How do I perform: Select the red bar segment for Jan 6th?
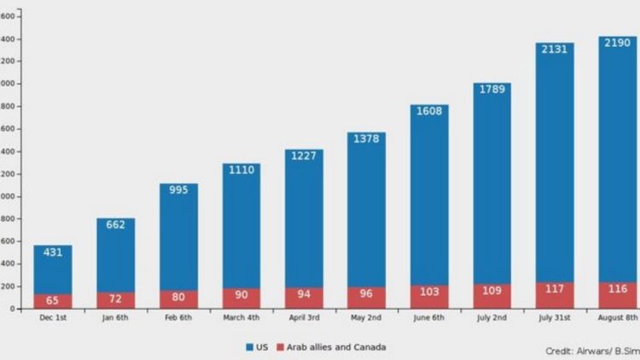[x=116, y=300]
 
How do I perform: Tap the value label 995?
[x=178, y=190]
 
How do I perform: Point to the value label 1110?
[x=241, y=170]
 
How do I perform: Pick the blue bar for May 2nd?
[x=367, y=222]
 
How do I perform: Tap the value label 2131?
[x=555, y=49]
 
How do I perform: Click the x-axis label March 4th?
[x=241, y=318]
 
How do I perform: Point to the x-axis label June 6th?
[x=430, y=318]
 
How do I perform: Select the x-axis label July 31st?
[x=555, y=318]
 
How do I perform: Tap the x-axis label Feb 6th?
[x=178, y=318]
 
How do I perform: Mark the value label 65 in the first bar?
[x=53, y=301]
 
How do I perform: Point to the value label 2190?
[x=617, y=42]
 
